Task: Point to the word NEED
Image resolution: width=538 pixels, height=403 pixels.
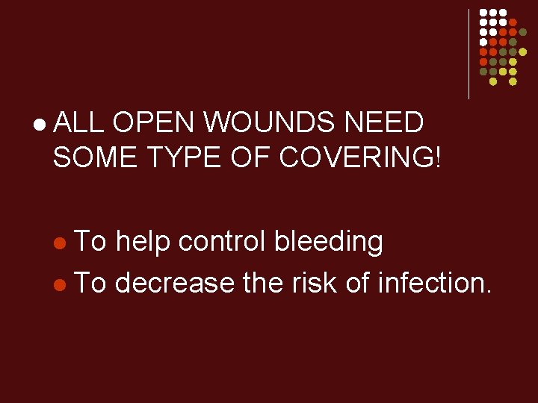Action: click(x=387, y=122)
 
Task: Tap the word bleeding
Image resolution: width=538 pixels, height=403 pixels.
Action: click(x=330, y=243)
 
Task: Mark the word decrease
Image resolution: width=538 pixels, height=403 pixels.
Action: click(x=175, y=282)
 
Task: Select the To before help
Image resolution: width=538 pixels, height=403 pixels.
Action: click(x=91, y=241)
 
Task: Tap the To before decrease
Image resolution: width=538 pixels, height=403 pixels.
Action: click(x=91, y=282)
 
